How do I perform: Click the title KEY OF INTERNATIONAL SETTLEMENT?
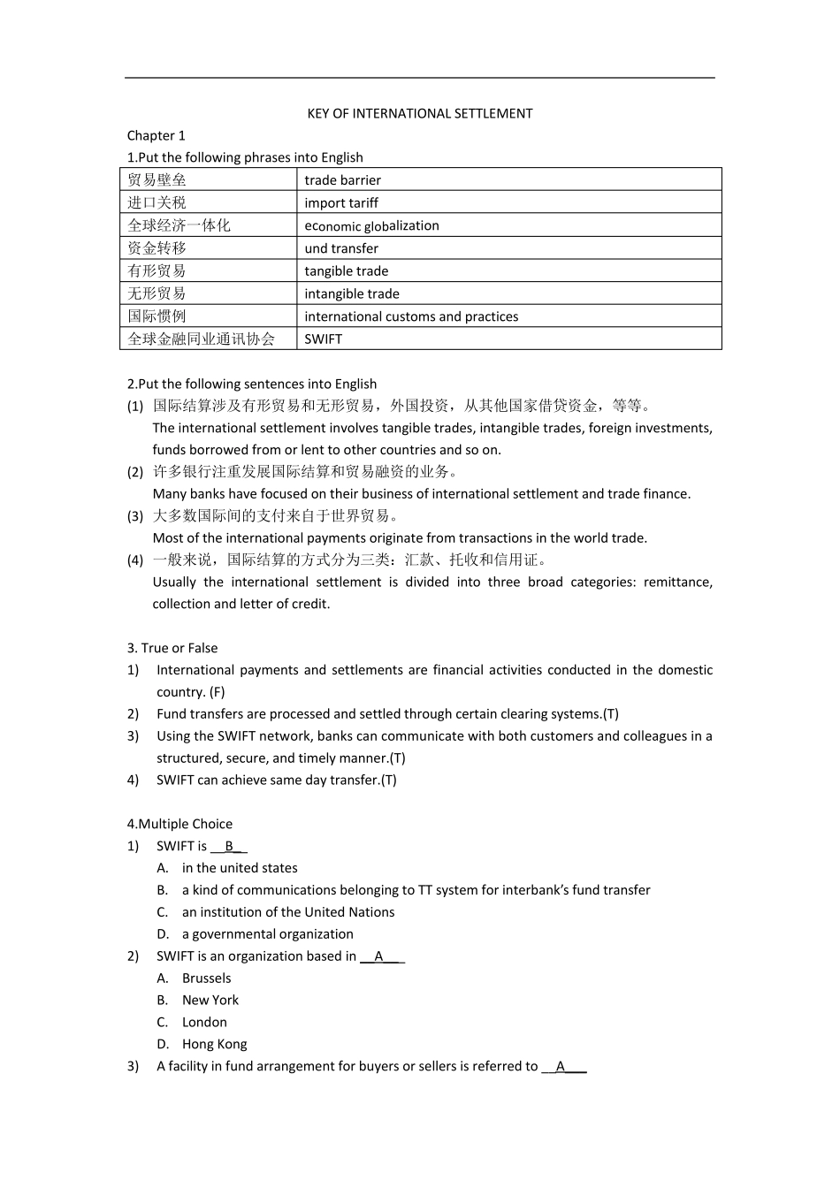coord(419,113)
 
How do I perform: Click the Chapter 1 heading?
coord(157,135)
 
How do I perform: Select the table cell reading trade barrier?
coord(343,180)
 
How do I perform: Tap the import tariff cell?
coord(341,203)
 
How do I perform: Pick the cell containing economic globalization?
coord(371,225)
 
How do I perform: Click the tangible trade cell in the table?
coord(347,271)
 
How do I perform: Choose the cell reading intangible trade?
coord(352,293)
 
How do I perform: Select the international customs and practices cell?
coord(411,316)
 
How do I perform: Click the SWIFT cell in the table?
coord(323,339)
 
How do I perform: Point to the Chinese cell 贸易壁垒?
coord(157,180)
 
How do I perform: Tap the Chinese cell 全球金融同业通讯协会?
coord(202,339)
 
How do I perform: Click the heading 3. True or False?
coord(172,648)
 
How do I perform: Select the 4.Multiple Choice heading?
coord(179,824)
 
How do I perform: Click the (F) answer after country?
coord(217,692)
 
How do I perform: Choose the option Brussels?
coord(206,978)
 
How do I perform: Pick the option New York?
coord(210,1000)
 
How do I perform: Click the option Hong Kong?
coord(214,1044)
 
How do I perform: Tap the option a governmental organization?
coord(267,933)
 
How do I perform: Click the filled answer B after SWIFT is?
coord(229,846)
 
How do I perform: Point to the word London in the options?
coord(204,1022)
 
